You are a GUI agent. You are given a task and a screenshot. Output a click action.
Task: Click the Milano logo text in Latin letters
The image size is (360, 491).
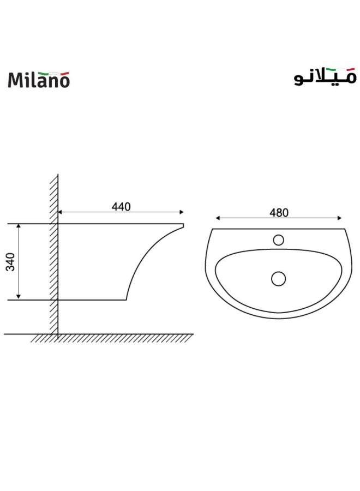(39, 80)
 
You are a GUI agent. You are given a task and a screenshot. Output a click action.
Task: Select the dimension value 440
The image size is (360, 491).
(121, 207)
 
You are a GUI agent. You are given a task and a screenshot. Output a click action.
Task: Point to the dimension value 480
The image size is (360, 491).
(278, 213)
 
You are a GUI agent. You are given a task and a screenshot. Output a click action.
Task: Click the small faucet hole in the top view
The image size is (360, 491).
(278, 239)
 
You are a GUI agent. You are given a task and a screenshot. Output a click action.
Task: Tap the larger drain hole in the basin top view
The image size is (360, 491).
(278, 278)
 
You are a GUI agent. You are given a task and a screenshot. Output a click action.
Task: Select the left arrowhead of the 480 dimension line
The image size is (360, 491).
(218, 218)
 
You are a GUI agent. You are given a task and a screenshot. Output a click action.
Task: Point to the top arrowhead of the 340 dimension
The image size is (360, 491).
(19, 226)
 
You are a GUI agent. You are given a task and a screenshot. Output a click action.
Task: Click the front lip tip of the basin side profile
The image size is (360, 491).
(183, 225)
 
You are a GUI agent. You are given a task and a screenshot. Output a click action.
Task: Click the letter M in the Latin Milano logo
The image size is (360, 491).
(15, 80)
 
